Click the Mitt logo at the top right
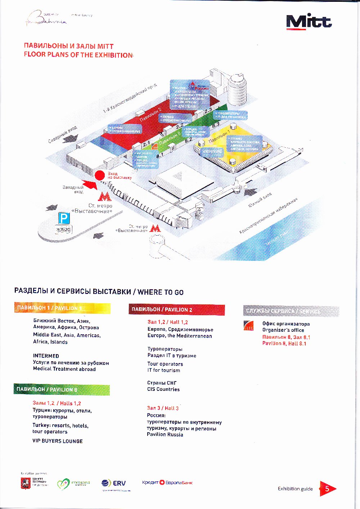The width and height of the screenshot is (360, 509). point(309,22)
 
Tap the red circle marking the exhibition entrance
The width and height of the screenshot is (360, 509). point(99,175)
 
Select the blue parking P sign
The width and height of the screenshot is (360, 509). point(64,218)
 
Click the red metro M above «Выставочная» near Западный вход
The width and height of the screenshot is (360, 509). point(105,197)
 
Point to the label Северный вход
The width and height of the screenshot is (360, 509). point(63,134)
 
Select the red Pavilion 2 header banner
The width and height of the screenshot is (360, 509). point(176,309)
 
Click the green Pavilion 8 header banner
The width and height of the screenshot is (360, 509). point(62,389)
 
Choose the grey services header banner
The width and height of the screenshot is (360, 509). point(291,311)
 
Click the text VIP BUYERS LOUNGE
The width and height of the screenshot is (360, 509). point(58,441)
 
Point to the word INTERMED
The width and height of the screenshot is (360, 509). point(46,356)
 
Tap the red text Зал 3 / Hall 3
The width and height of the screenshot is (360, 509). point(163,408)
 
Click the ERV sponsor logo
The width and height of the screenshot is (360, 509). point(114,483)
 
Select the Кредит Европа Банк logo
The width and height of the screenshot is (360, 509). point(167,482)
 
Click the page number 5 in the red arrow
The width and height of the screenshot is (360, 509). point(327,489)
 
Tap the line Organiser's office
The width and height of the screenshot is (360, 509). point(283,330)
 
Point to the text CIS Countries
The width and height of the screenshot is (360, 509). point(163,389)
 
